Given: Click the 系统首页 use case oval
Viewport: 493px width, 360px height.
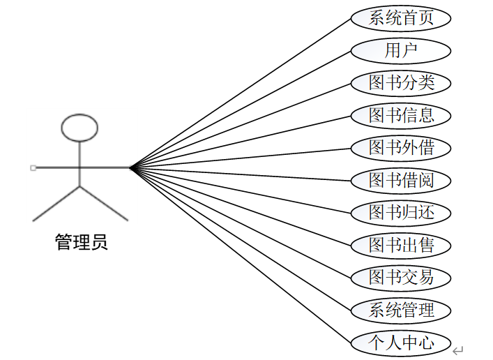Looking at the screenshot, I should [401, 18].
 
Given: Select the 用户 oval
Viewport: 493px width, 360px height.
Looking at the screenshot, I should [401, 50].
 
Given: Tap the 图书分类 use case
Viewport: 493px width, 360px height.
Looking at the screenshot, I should [401, 83].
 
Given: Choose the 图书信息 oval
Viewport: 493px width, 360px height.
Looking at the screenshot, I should [401, 115].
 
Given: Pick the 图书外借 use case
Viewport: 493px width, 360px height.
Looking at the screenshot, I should [401, 147].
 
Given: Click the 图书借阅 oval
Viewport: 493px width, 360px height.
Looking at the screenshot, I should [401, 180].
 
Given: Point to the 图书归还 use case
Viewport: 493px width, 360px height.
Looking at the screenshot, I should [401, 212].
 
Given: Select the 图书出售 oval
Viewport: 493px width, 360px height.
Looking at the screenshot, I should [401, 245].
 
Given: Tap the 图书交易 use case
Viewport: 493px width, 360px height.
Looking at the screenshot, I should [401, 277].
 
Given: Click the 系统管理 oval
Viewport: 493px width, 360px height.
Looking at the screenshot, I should [401, 310].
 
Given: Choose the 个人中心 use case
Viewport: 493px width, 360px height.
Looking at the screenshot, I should [401, 343].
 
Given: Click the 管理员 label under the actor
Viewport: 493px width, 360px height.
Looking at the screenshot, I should [81, 243].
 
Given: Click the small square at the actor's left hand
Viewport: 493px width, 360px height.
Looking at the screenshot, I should [33, 167].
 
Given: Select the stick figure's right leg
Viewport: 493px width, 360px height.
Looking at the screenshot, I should [104, 203].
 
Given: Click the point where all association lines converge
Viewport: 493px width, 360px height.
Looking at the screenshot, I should [130, 167].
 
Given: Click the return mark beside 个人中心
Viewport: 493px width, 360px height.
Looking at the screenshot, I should [457, 350].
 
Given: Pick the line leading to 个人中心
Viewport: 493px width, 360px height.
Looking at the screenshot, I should [241, 254].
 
